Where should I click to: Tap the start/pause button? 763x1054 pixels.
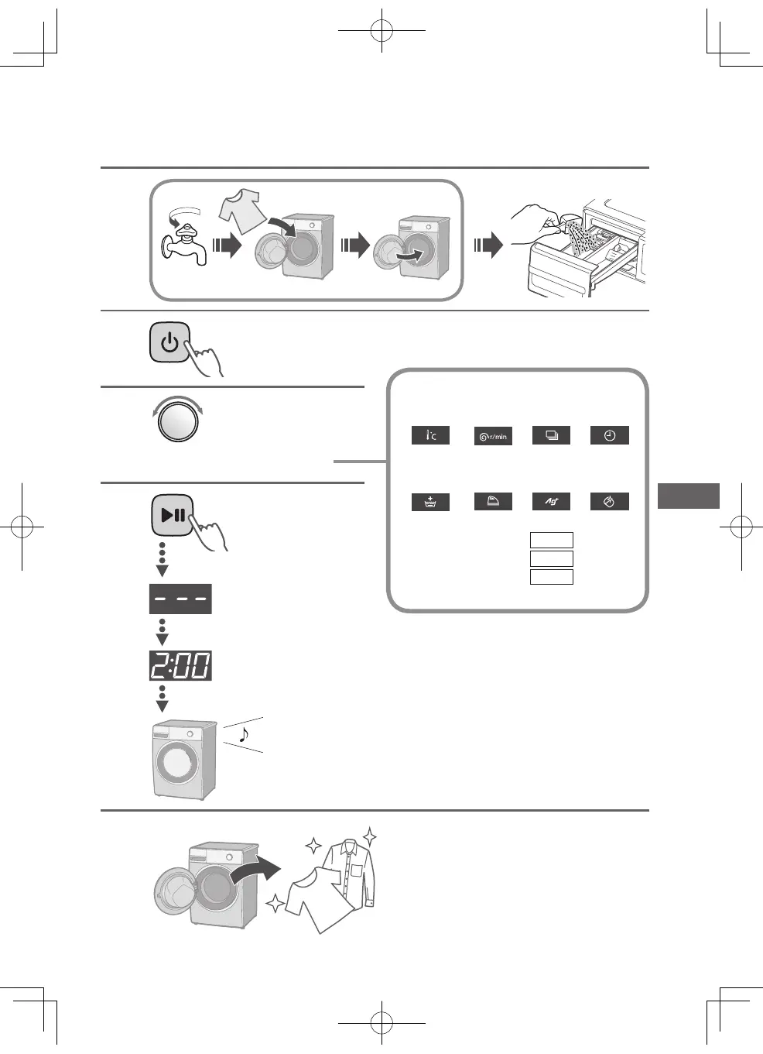click(x=172, y=515)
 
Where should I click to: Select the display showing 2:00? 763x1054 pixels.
click(x=180, y=666)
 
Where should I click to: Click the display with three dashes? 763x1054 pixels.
click(x=180, y=599)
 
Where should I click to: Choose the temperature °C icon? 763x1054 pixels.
click(x=430, y=435)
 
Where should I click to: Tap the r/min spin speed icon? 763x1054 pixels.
click(x=493, y=436)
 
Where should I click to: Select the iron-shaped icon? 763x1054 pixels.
click(x=493, y=502)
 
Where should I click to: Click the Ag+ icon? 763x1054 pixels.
click(x=551, y=502)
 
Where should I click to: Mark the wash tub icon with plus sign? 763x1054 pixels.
click(x=430, y=502)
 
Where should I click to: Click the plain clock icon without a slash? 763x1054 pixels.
click(x=610, y=435)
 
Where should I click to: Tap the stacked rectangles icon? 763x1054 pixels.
click(x=551, y=435)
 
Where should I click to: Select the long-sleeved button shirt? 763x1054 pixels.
click(x=350, y=872)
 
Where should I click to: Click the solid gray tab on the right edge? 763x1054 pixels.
click(x=688, y=496)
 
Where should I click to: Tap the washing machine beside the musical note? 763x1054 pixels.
click(x=183, y=760)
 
